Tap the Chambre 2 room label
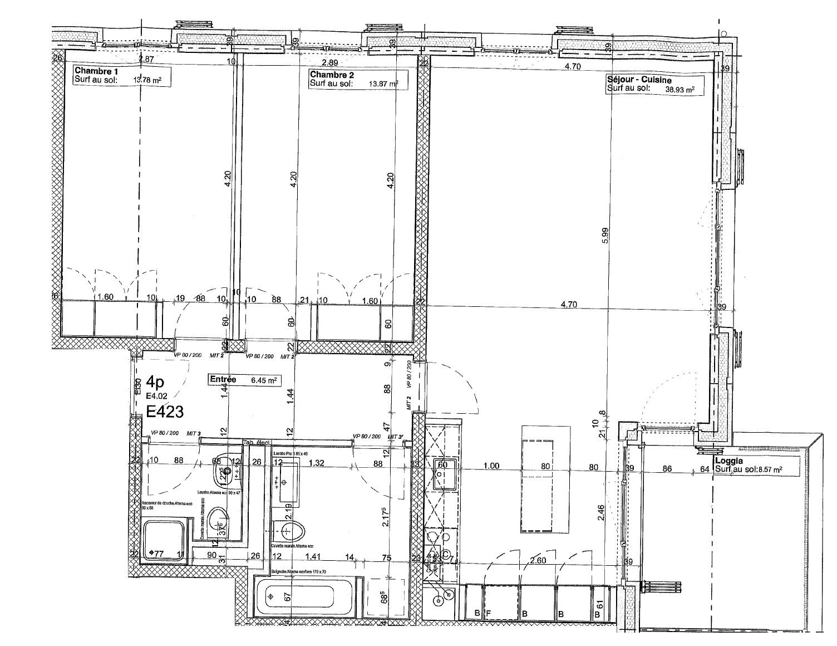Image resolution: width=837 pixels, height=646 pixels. coord(332,75)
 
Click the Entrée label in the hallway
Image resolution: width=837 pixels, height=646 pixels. coord(223,379)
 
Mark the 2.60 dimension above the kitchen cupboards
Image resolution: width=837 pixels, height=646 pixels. coord(538,561)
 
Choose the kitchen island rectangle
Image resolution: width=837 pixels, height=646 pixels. coord(545,479)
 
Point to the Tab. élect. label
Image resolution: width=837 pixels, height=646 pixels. coord(257,443)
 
